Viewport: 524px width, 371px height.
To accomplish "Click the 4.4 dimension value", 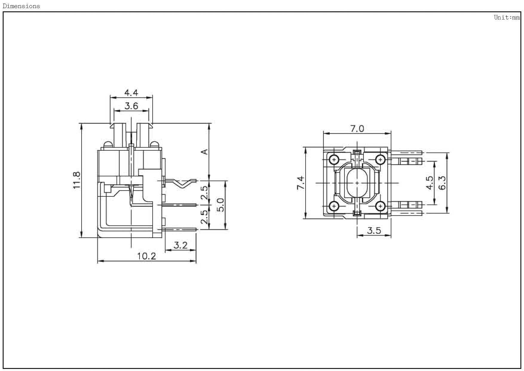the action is pyautogui.click(x=131, y=93).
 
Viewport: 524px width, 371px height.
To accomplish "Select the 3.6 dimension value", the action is pyautogui.click(x=131, y=106).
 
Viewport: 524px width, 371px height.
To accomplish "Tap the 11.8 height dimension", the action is pyautogui.click(x=77, y=180).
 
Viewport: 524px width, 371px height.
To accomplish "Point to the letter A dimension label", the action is pyautogui.click(x=205, y=152).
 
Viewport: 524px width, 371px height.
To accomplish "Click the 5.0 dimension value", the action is pyautogui.click(x=220, y=205).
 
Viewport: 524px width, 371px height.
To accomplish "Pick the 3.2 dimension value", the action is pyautogui.click(x=180, y=245).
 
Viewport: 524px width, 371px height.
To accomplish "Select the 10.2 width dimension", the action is pyautogui.click(x=146, y=256).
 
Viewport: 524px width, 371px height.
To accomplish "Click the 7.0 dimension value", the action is pyautogui.click(x=357, y=129).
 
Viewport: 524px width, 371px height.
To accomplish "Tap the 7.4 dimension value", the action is pyautogui.click(x=301, y=183).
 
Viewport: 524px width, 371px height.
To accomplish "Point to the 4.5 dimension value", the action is pyautogui.click(x=430, y=183).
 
